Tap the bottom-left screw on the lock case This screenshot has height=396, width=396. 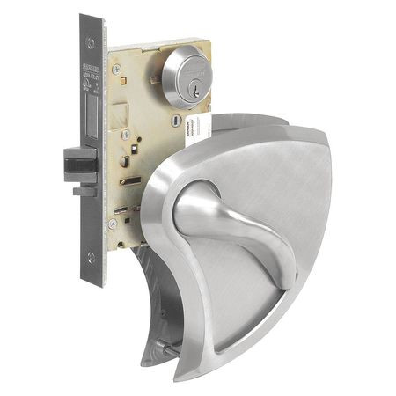(113, 224)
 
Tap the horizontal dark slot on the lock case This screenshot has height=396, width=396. (131, 181)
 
